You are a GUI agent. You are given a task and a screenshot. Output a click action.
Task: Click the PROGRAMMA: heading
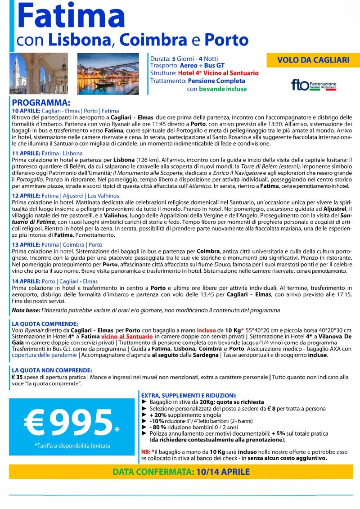click(41, 103)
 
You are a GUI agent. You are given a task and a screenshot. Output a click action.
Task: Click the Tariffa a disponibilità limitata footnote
click(66, 446)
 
